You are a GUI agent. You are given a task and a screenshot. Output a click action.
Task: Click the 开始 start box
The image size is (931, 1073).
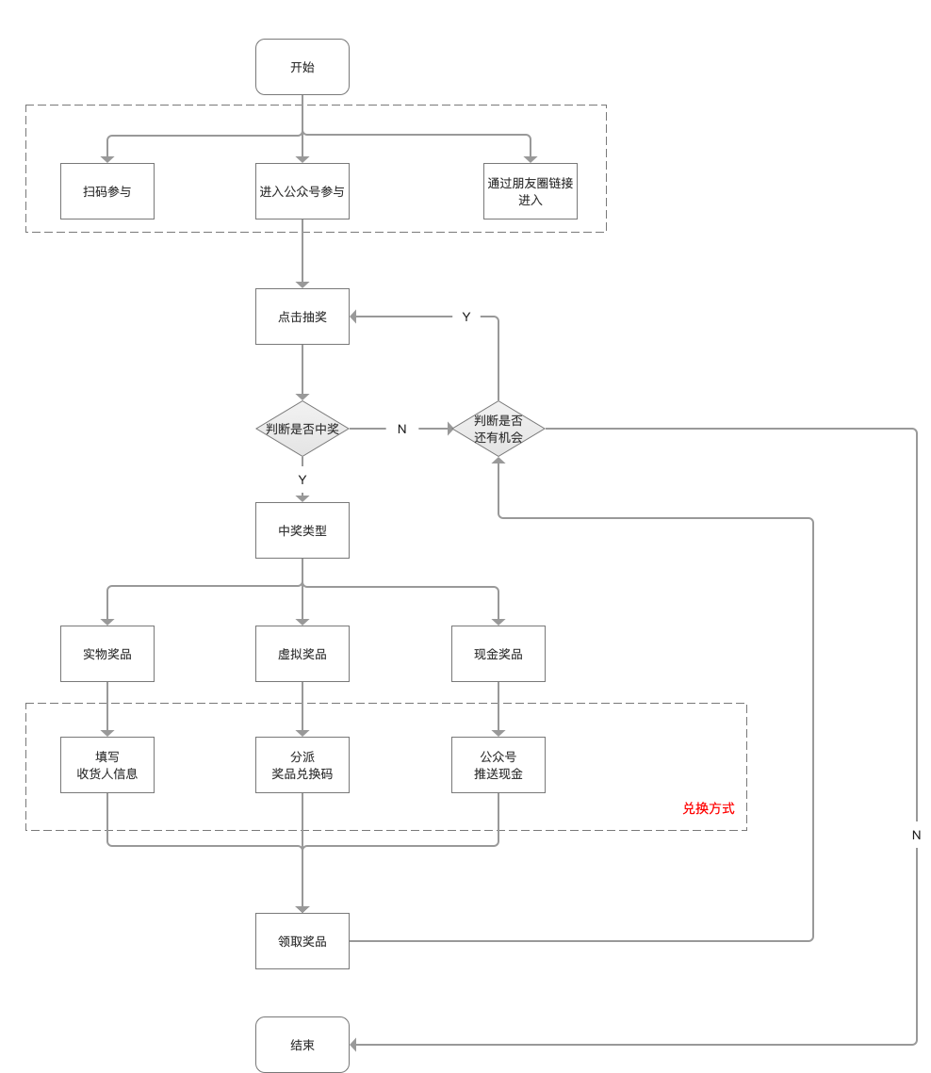(302, 66)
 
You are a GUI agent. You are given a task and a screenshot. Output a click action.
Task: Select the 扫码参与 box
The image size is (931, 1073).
(107, 191)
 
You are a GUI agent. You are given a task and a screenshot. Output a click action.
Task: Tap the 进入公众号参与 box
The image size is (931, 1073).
(302, 191)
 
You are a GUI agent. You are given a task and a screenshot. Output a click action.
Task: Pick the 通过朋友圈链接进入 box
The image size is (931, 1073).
(531, 191)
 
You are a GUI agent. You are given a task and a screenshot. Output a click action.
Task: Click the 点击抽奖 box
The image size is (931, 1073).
(302, 317)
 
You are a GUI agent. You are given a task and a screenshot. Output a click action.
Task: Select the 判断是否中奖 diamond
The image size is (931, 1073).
(302, 429)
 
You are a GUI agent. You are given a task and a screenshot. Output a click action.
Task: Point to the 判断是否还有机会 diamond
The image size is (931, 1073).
(498, 429)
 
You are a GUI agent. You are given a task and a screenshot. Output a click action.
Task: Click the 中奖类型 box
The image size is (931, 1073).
(302, 530)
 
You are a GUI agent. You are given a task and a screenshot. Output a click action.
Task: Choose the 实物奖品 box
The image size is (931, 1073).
(107, 654)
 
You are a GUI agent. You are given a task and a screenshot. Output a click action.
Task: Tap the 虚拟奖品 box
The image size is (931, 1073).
(302, 654)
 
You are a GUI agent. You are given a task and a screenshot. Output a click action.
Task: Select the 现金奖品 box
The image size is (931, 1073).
(498, 654)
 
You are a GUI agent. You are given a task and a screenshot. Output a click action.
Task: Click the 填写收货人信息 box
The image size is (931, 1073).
(107, 765)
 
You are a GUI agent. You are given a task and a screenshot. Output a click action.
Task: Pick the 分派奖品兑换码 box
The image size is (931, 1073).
(302, 765)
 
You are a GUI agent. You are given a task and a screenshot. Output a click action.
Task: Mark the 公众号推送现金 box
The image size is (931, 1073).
(498, 765)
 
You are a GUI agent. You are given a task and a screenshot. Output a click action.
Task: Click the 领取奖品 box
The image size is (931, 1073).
(302, 941)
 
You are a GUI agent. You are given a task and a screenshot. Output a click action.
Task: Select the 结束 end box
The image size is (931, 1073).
(302, 1044)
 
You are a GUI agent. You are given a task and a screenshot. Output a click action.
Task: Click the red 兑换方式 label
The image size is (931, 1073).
(709, 808)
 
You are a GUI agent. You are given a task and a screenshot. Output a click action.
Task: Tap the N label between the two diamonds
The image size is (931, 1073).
(401, 429)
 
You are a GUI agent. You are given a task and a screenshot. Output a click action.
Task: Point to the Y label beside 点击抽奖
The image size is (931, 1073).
(466, 317)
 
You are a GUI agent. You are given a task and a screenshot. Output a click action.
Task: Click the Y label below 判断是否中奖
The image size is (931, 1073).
(302, 480)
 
